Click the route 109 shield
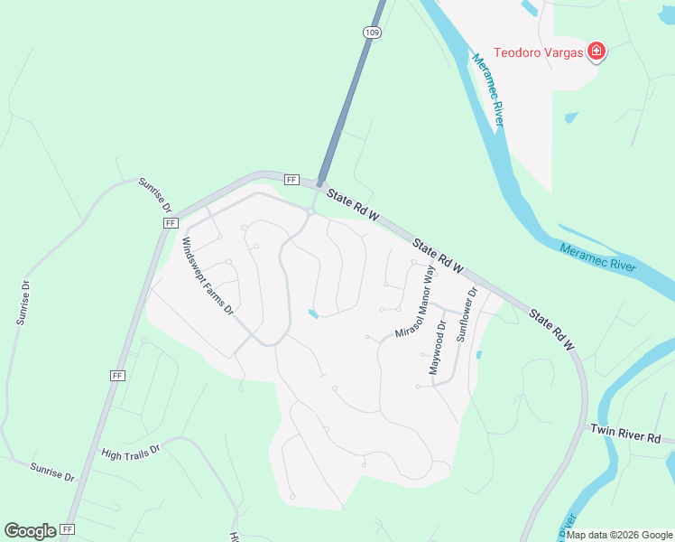(373, 32)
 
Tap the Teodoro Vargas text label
(538, 51)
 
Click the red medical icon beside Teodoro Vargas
(596, 51)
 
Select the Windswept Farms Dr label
(208, 276)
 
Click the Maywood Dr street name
(437, 348)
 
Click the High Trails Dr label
(130, 449)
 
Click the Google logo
(30, 530)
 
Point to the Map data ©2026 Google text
(619, 535)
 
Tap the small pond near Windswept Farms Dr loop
(312, 313)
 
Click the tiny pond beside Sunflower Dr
(477, 355)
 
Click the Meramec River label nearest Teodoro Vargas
(487, 90)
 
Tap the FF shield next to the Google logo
(69, 529)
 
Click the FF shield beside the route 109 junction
(291, 180)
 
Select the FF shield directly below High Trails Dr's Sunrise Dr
(117, 375)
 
